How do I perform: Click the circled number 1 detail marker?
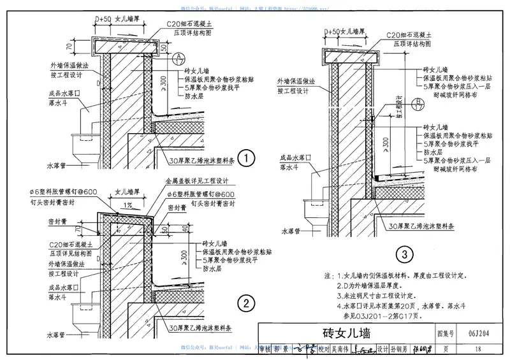tap(246, 157)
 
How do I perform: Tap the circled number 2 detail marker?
tap(246, 302)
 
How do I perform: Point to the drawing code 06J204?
tap(473, 333)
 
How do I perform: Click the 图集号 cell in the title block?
tap(446, 333)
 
